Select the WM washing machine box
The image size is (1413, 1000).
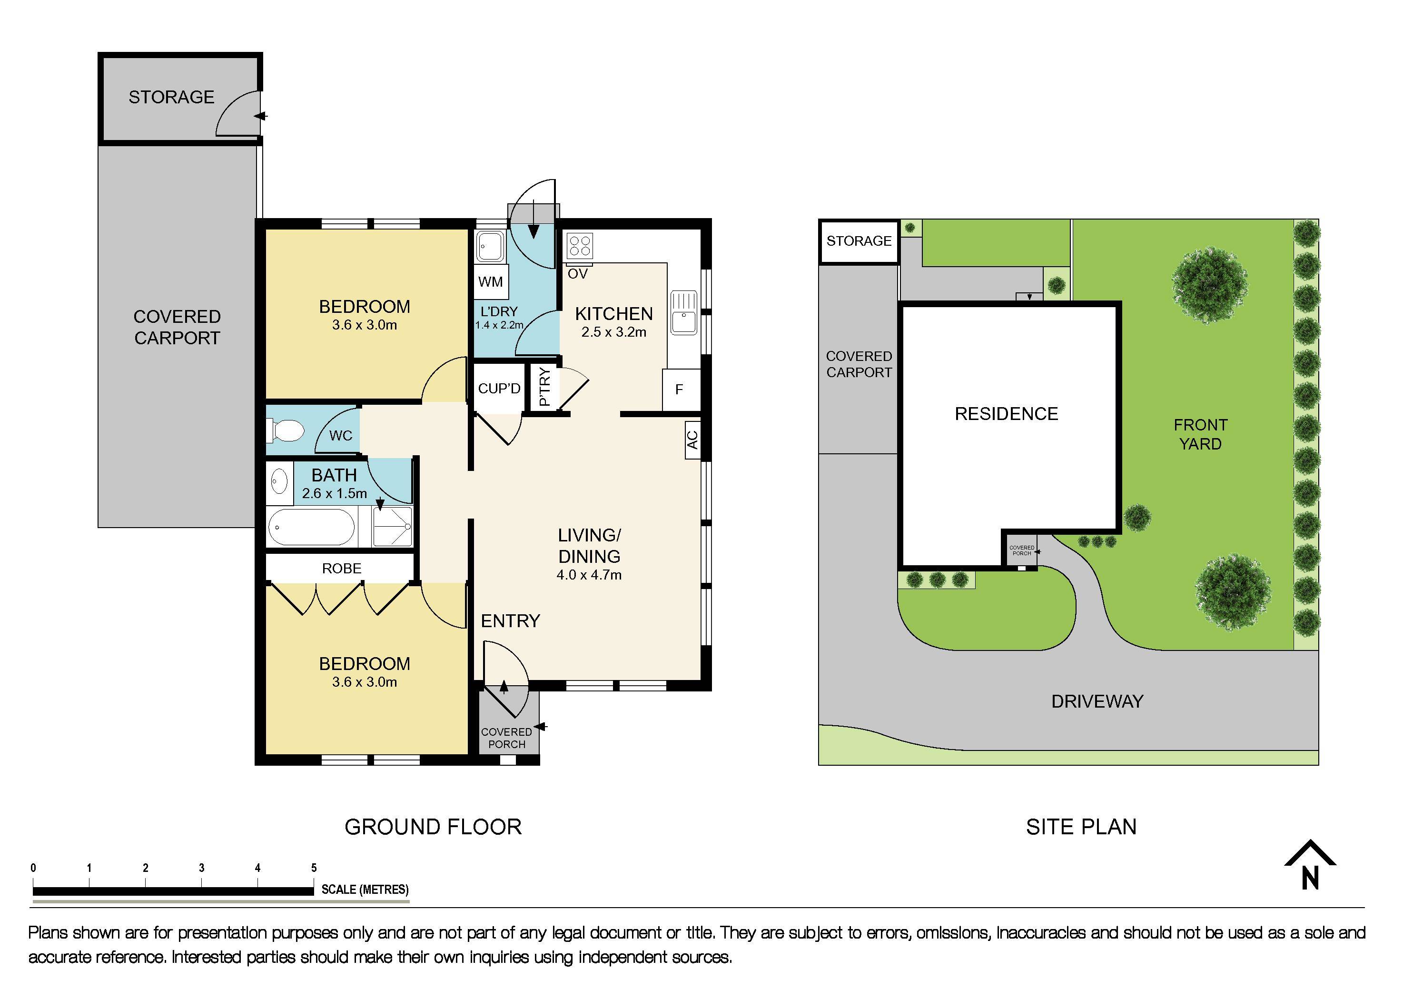[x=491, y=282]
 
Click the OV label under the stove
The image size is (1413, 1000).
[x=577, y=274]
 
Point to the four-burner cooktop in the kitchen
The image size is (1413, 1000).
[x=580, y=246]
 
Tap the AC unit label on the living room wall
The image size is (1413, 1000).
[x=692, y=439]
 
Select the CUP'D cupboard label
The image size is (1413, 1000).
[x=499, y=389]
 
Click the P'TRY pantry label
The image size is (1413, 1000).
[x=544, y=387]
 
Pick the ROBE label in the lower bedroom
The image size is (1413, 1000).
[x=342, y=569]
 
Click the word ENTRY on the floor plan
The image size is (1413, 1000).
[x=510, y=620]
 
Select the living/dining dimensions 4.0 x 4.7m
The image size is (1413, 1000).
[x=589, y=575]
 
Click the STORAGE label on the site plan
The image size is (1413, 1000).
[x=859, y=241]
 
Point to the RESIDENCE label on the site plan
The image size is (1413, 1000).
[x=1006, y=414]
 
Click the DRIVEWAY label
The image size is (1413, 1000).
[x=1097, y=701]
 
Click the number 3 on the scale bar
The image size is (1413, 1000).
[x=201, y=868]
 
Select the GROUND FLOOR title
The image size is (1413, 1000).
[x=433, y=827]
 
